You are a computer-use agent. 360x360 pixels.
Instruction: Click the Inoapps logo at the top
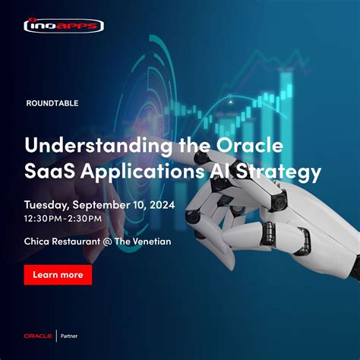tap(64, 25)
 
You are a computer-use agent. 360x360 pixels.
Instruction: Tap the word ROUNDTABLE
tap(52, 103)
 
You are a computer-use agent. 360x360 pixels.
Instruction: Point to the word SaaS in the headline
tap(48, 172)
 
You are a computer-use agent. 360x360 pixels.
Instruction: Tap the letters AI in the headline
tap(218, 172)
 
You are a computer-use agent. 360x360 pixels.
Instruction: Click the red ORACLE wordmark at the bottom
tap(37, 336)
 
